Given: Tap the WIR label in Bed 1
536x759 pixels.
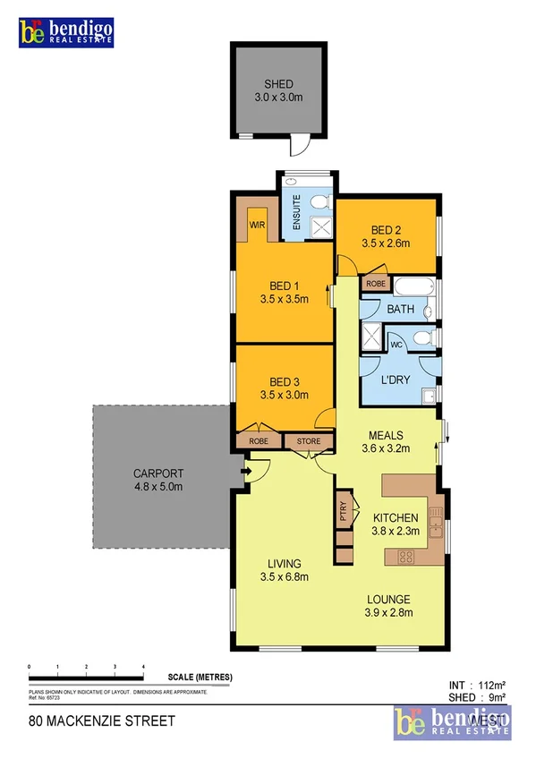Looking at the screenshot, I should (258, 224).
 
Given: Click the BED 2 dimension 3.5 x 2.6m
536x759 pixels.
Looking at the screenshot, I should (386, 243).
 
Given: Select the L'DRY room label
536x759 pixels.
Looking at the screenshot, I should (395, 379).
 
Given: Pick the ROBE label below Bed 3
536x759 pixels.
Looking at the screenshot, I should (259, 441).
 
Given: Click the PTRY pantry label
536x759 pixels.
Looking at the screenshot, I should (343, 512).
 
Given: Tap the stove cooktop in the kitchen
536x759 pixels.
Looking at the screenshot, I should (404, 557).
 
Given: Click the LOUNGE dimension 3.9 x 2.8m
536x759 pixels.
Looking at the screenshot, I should (387, 613).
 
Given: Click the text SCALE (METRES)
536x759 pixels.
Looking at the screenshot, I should (200, 678).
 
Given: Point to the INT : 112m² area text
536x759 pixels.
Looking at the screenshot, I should (479, 684).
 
